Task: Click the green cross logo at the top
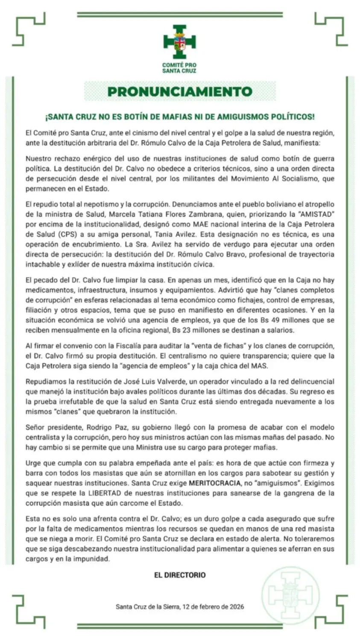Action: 179,41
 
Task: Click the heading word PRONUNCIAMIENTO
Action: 180,91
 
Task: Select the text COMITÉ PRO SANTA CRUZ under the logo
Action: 179,68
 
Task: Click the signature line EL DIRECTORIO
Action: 180,575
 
